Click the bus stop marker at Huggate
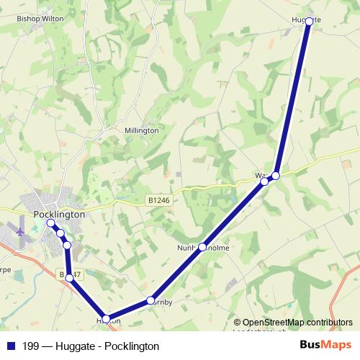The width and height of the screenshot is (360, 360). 309,22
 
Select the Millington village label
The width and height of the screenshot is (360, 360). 141,130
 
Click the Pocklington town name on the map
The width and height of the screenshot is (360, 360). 59,215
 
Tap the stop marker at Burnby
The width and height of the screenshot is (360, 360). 150,300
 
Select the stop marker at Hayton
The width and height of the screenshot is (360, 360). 107,318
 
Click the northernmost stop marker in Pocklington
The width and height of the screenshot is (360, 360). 51,223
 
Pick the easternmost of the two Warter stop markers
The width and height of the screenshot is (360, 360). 276,175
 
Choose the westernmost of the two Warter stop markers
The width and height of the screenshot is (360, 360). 264,181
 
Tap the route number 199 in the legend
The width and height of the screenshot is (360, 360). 30,346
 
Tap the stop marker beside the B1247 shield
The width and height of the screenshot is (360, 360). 69,277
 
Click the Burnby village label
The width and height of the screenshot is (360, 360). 163,302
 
